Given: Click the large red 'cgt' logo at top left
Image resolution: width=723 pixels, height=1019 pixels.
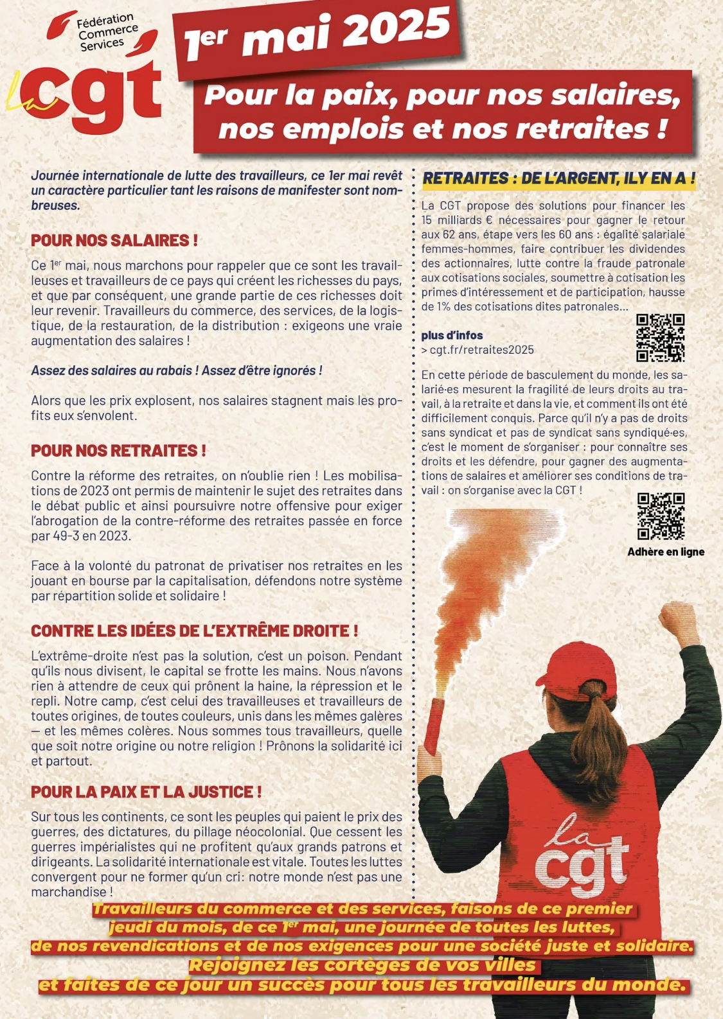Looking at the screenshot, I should pos(96,96).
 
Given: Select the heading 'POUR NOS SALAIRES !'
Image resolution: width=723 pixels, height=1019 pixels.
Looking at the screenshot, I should pos(114,241).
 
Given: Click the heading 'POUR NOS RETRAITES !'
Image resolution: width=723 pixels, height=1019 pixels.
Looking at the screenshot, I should pos(118,451).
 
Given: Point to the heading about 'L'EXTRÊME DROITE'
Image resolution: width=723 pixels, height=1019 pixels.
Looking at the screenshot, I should pos(194,631).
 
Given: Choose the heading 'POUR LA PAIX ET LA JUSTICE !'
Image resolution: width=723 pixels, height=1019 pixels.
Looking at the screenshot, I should pos(147,792).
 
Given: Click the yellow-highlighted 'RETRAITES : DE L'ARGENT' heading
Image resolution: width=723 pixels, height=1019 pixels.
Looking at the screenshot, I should pos(558,179).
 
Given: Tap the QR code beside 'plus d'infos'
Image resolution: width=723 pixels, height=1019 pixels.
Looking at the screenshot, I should pos(660,338).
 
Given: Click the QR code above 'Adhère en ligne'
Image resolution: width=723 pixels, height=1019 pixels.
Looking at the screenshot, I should pos(661,516).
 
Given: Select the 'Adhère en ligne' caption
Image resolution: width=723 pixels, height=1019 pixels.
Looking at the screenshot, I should pos(666,552).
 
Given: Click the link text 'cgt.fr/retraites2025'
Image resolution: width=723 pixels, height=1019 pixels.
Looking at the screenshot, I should pos(481,350).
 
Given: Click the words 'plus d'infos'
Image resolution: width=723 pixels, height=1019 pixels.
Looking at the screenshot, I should pos(452,335).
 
